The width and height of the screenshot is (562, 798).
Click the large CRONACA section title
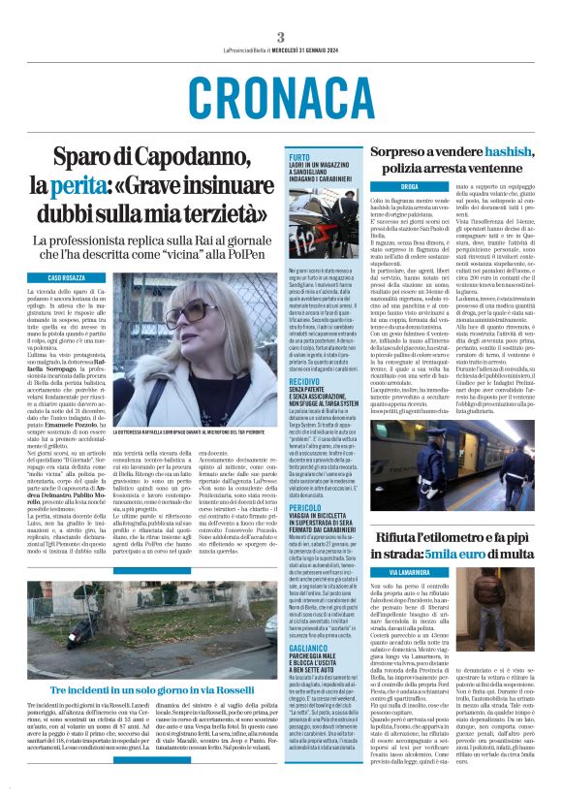click(x=281, y=96)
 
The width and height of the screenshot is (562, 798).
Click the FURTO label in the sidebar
click(x=299, y=156)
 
